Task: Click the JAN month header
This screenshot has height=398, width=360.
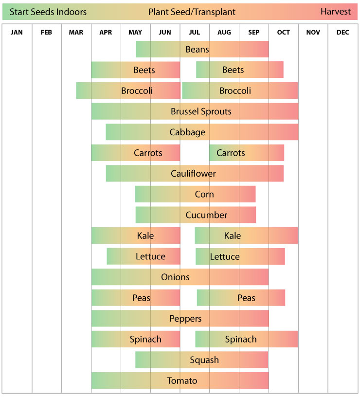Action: coord(17,33)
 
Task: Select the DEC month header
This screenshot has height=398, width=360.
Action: coord(342,33)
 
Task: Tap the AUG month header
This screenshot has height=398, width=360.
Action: coord(224,33)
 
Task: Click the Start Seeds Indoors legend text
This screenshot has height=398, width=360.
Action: coord(48,12)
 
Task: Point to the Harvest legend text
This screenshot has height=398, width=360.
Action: coord(336,12)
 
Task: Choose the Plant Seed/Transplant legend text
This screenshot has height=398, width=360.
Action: coord(192,12)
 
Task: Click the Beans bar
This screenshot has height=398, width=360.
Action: coord(202,49)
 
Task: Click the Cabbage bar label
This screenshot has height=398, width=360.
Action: coord(187,132)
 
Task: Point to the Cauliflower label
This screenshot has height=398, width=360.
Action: coord(193,174)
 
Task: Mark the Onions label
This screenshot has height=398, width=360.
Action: coord(175,277)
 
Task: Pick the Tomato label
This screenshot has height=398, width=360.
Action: coord(182,380)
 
